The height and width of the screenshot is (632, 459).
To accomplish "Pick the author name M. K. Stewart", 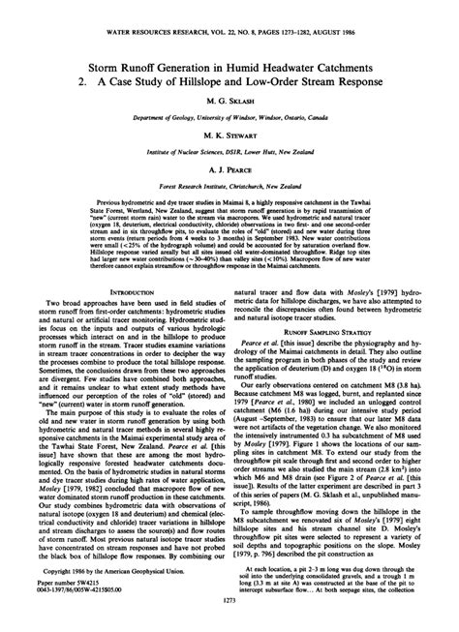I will click(x=229, y=137).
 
